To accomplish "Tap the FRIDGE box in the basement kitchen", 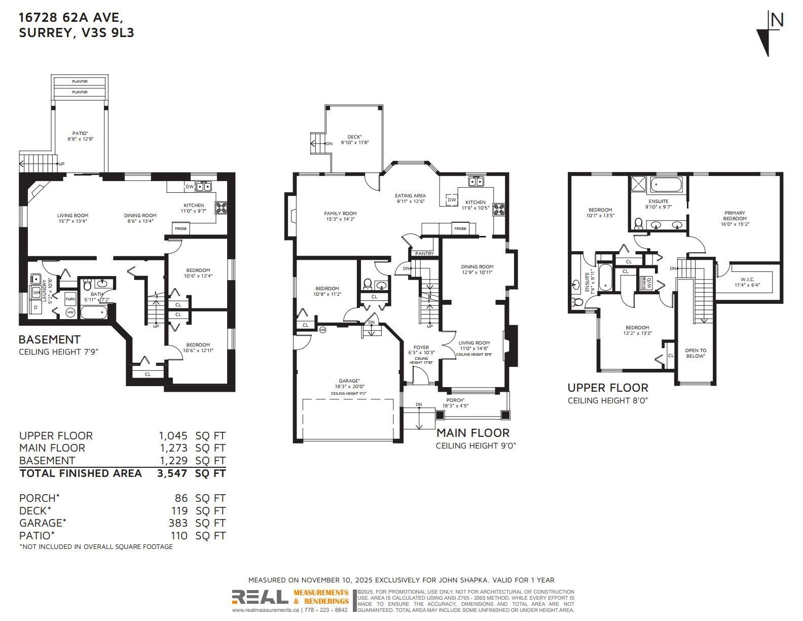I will click(x=181, y=228).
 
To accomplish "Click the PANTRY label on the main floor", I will click(x=424, y=253).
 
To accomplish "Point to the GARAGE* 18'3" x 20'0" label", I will click(x=349, y=384).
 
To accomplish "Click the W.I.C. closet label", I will click(x=747, y=282).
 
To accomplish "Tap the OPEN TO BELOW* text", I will click(x=695, y=353).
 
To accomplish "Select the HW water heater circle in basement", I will click(x=70, y=313).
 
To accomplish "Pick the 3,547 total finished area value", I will click(x=173, y=473).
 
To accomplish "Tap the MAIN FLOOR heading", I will click(x=472, y=433).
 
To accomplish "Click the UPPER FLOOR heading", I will click(x=607, y=388).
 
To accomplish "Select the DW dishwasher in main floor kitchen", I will click(x=451, y=200).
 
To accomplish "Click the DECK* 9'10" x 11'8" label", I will click(x=354, y=140).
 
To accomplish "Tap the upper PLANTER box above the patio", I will click(x=80, y=82).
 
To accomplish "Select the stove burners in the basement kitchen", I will click(x=222, y=206).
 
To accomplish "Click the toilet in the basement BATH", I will click(x=87, y=285).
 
